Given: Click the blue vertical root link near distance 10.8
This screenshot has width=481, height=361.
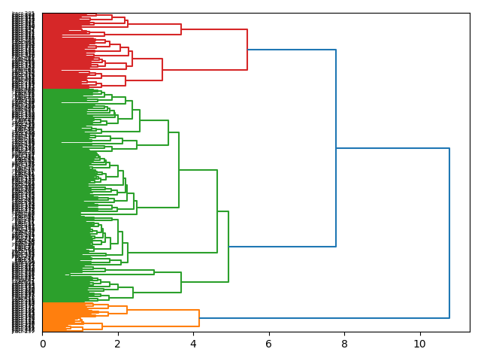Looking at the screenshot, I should tap(449, 233).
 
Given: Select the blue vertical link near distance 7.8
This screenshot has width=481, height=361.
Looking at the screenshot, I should tap(336, 148).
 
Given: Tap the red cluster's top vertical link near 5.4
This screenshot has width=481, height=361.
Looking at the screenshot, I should tap(247, 50).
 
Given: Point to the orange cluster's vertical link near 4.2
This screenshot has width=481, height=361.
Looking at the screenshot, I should tap(199, 318).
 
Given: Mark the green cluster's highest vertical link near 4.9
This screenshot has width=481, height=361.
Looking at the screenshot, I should tap(228, 247).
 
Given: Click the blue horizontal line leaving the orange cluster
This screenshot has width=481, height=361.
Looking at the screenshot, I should tap(324, 318).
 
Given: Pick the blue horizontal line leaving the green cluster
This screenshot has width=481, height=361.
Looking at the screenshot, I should tap(282, 247).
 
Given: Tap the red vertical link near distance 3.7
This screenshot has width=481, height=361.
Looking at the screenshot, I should tap(181, 29).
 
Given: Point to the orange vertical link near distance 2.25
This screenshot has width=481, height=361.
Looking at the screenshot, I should tap(127, 310).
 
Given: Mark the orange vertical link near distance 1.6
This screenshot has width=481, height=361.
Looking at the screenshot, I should tap(102, 326).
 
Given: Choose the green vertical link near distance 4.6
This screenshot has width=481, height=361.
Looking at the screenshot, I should tap(217, 211).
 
